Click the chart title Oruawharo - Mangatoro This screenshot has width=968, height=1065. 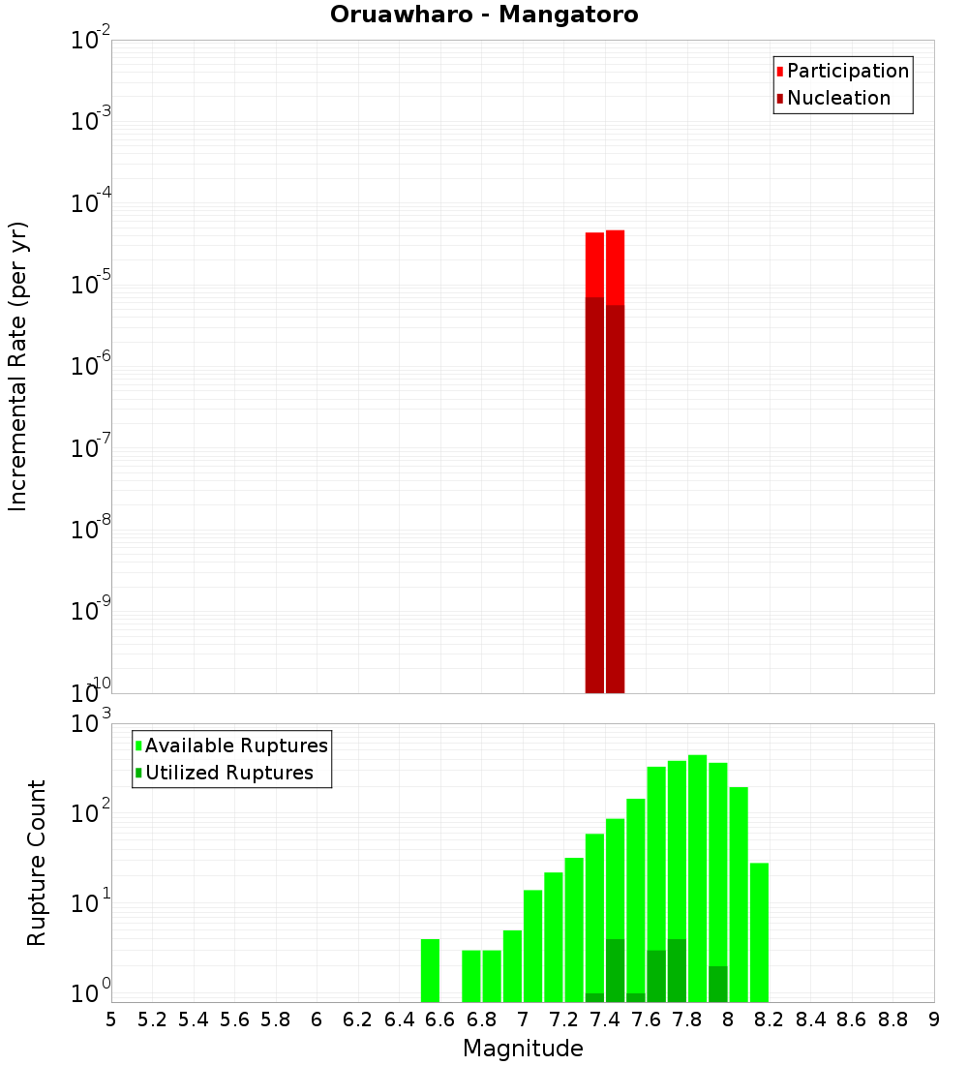(x=484, y=15)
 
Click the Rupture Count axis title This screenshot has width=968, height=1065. (x=37, y=863)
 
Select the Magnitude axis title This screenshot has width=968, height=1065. (x=523, y=1049)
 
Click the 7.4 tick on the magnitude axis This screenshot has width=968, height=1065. (x=605, y=1019)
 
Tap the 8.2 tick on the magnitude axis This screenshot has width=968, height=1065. (x=770, y=1019)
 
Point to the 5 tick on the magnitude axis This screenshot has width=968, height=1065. (x=111, y=1019)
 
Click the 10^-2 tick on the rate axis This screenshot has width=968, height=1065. (x=91, y=41)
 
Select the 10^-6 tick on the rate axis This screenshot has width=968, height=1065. (x=91, y=366)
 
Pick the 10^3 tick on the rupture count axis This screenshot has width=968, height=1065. (x=91, y=724)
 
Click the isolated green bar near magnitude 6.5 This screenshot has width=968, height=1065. (x=430, y=970)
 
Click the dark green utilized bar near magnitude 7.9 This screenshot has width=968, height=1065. (x=717, y=984)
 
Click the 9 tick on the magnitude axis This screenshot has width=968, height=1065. (x=933, y=1019)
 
